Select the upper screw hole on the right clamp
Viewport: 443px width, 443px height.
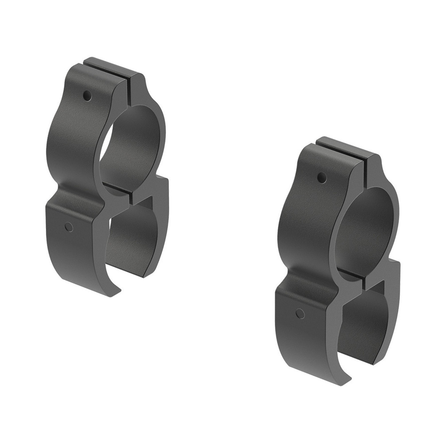(322, 178)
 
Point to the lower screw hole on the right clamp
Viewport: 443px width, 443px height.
(300, 314)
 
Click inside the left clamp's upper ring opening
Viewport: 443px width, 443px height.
(131, 146)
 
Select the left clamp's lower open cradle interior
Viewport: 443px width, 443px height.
(128, 239)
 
